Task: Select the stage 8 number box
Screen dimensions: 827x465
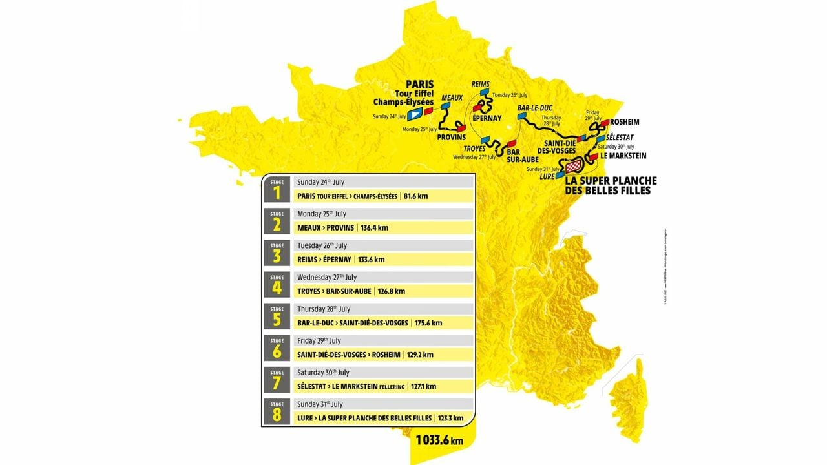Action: point(277,412)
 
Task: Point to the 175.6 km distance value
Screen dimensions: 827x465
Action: point(428,323)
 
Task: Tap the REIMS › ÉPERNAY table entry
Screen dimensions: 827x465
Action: point(324,260)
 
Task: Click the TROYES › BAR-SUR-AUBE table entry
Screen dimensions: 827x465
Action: point(334,291)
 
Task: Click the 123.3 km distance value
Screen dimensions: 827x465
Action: point(449,418)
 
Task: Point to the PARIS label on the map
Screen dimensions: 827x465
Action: point(419,84)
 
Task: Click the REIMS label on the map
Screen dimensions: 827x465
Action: point(481,84)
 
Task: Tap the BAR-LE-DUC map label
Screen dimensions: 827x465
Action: point(535,108)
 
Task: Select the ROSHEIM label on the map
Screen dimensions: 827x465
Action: point(625,121)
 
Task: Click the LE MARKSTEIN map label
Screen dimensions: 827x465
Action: point(623,156)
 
